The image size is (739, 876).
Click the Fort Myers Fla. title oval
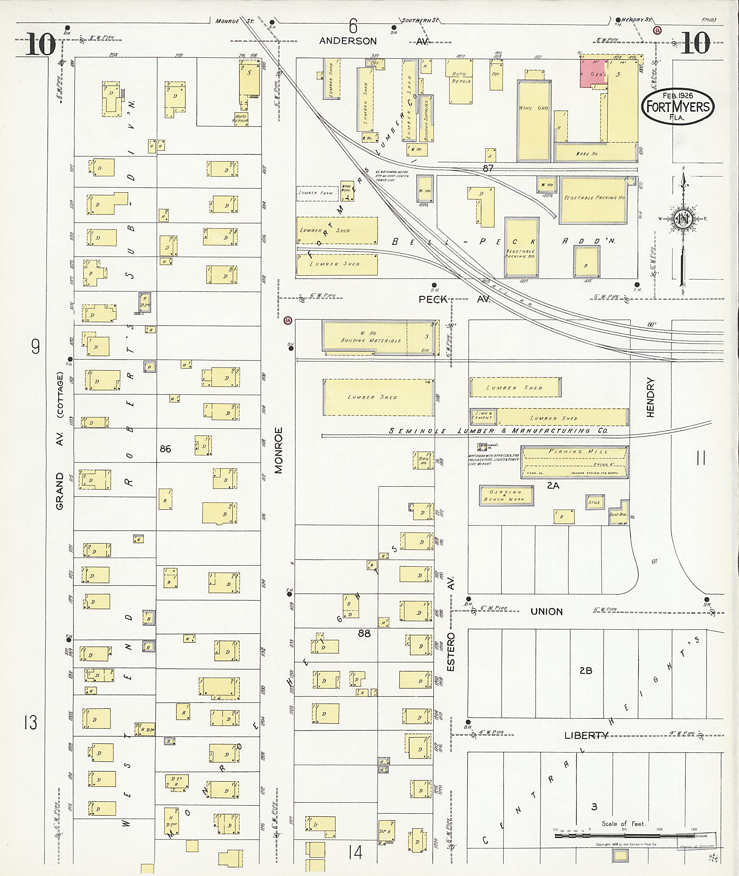click(678, 107)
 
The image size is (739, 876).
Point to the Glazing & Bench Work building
click(506, 496)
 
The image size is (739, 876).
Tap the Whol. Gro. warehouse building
click(533, 120)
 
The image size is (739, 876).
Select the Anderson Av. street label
click(348, 41)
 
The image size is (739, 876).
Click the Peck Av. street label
click(433, 299)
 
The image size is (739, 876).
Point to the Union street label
click(546, 611)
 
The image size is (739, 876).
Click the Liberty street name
click(586, 735)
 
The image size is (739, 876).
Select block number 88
click(364, 634)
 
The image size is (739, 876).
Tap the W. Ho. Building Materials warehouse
click(371, 337)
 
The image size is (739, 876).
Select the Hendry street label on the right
click(650, 397)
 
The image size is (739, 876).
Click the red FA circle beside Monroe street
click(287, 320)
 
